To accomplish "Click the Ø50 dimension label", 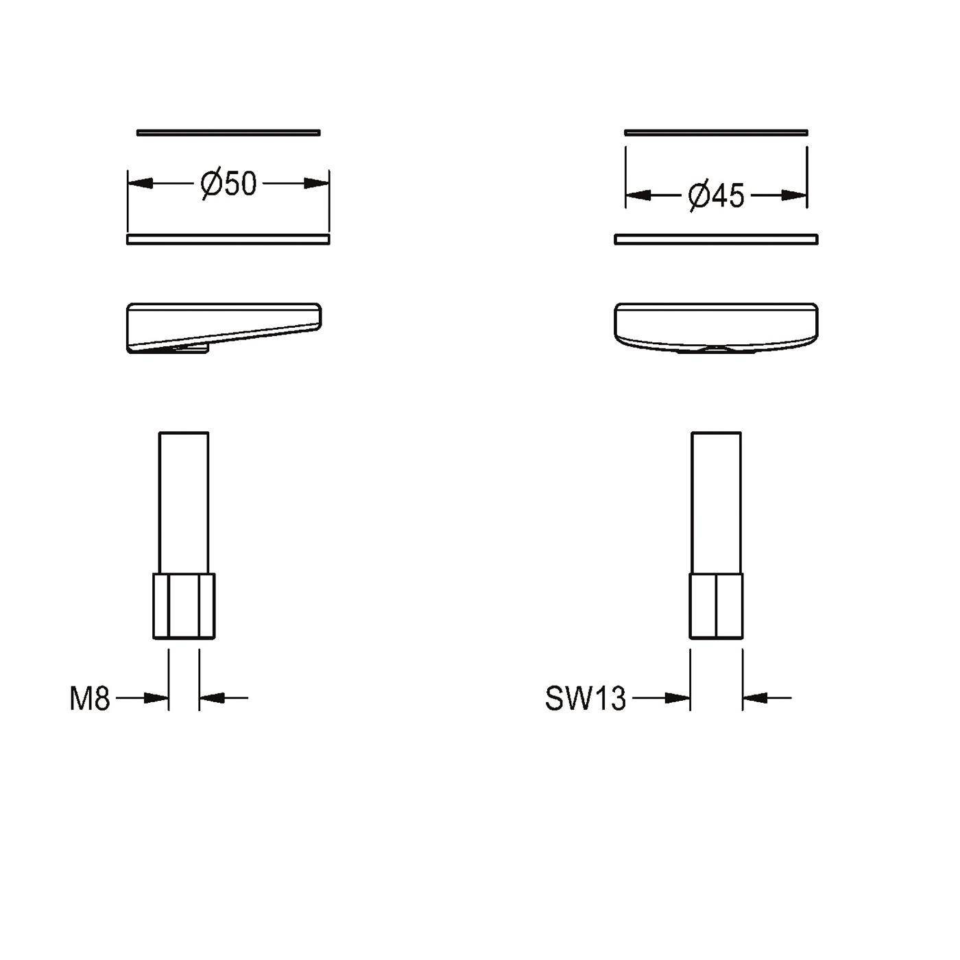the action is (228, 183).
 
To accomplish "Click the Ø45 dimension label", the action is (716, 196).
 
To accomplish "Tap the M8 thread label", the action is (90, 699).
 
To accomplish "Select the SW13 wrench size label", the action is (586, 699).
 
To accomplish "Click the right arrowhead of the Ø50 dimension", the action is (316, 183).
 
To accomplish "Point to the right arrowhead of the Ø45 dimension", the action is (794, 196).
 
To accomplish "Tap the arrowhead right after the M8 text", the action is (156, 698).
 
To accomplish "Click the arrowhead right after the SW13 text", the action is (677, 698).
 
